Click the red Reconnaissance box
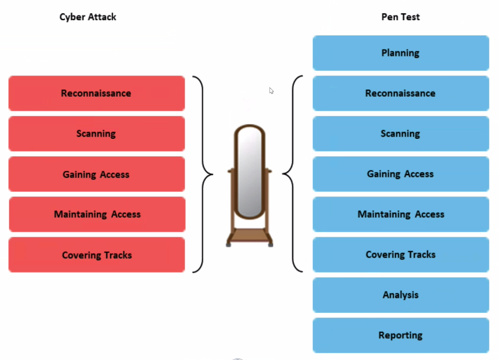pyautogui.click(x=96, y=93)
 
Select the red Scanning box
pyautogui.click(x=96, y=134)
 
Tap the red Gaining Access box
pyautogui.click(x=96, y=174)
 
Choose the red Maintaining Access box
pyautogui.click(x=96, y=214)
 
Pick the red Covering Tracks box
pyautogui.click(x=96, y=255)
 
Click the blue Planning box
pyautogui.click(x=400, y=53)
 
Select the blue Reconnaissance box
pyautogui.click(x=400, y=93)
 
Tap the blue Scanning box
pyautogui.click(x=400, y=134)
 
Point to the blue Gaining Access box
pyautogui.click(x=400, y=174)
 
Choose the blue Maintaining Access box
pyautogui.click(x=400, y=214)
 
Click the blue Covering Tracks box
pyautogui.click(x=400, y=255)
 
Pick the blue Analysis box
pyautogui.click(x=400, y=295)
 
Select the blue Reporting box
pyautogui.click(x=400, y=335)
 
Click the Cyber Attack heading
pyautogui.click(x=88, y=17)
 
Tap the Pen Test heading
pyautogui.click(x=400, y=17)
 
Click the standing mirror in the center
pyautogui.click(x=250, y=173)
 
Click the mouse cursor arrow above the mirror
pyautogui.click(x=271, y=90)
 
